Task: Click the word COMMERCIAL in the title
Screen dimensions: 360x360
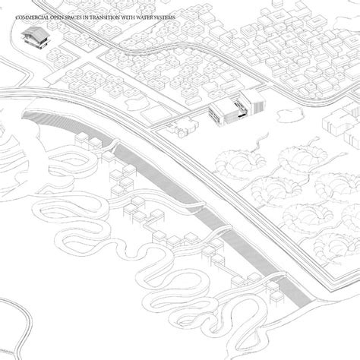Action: coord(32,17)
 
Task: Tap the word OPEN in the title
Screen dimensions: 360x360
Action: coord(56,17)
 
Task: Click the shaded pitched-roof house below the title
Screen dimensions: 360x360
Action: coord(35,37)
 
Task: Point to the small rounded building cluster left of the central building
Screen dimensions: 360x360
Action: coord(179,127)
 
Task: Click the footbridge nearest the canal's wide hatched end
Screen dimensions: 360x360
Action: coord(112,147)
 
